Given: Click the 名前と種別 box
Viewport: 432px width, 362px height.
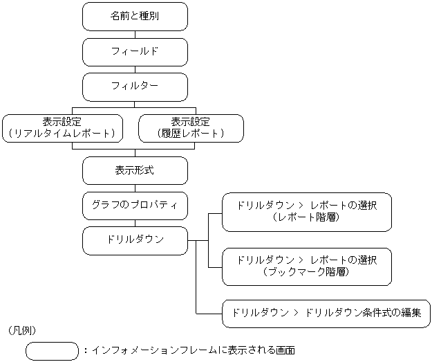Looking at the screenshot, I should tap(135, 17).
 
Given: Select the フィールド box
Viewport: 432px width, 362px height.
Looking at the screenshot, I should tap(135, 52).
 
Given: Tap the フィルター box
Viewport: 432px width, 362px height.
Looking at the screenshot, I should tap(135, 87).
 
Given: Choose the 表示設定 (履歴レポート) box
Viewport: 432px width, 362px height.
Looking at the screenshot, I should tap(191, 127).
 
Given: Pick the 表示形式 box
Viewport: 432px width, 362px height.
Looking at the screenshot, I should tap(135, 170).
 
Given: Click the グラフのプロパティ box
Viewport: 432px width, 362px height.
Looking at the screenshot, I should tap(135, 205).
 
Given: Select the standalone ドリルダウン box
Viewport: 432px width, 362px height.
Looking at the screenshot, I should tap(135, 240).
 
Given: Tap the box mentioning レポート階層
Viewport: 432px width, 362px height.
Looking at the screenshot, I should tap(306, 211).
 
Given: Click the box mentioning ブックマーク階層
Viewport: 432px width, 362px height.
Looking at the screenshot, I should tap(306, 266).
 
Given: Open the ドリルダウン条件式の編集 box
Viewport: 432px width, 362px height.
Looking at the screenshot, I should tap(326, 313).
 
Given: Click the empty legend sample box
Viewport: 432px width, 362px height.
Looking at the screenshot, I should tap(52, 351).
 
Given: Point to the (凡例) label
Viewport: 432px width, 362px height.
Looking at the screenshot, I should tap(24, 329).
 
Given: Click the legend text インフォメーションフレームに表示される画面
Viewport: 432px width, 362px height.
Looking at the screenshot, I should tap(193, 351).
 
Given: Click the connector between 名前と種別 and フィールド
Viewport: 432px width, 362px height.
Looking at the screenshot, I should tap(135, 34).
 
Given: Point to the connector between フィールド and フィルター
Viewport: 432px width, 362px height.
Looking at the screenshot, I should tap(135, 69).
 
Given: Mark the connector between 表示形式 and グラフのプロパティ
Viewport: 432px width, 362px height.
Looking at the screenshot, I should tap(135, 188).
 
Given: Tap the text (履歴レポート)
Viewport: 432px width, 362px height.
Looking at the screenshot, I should tap(191, 134).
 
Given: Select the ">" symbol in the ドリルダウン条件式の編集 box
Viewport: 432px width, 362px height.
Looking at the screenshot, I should tap(296, 313).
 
